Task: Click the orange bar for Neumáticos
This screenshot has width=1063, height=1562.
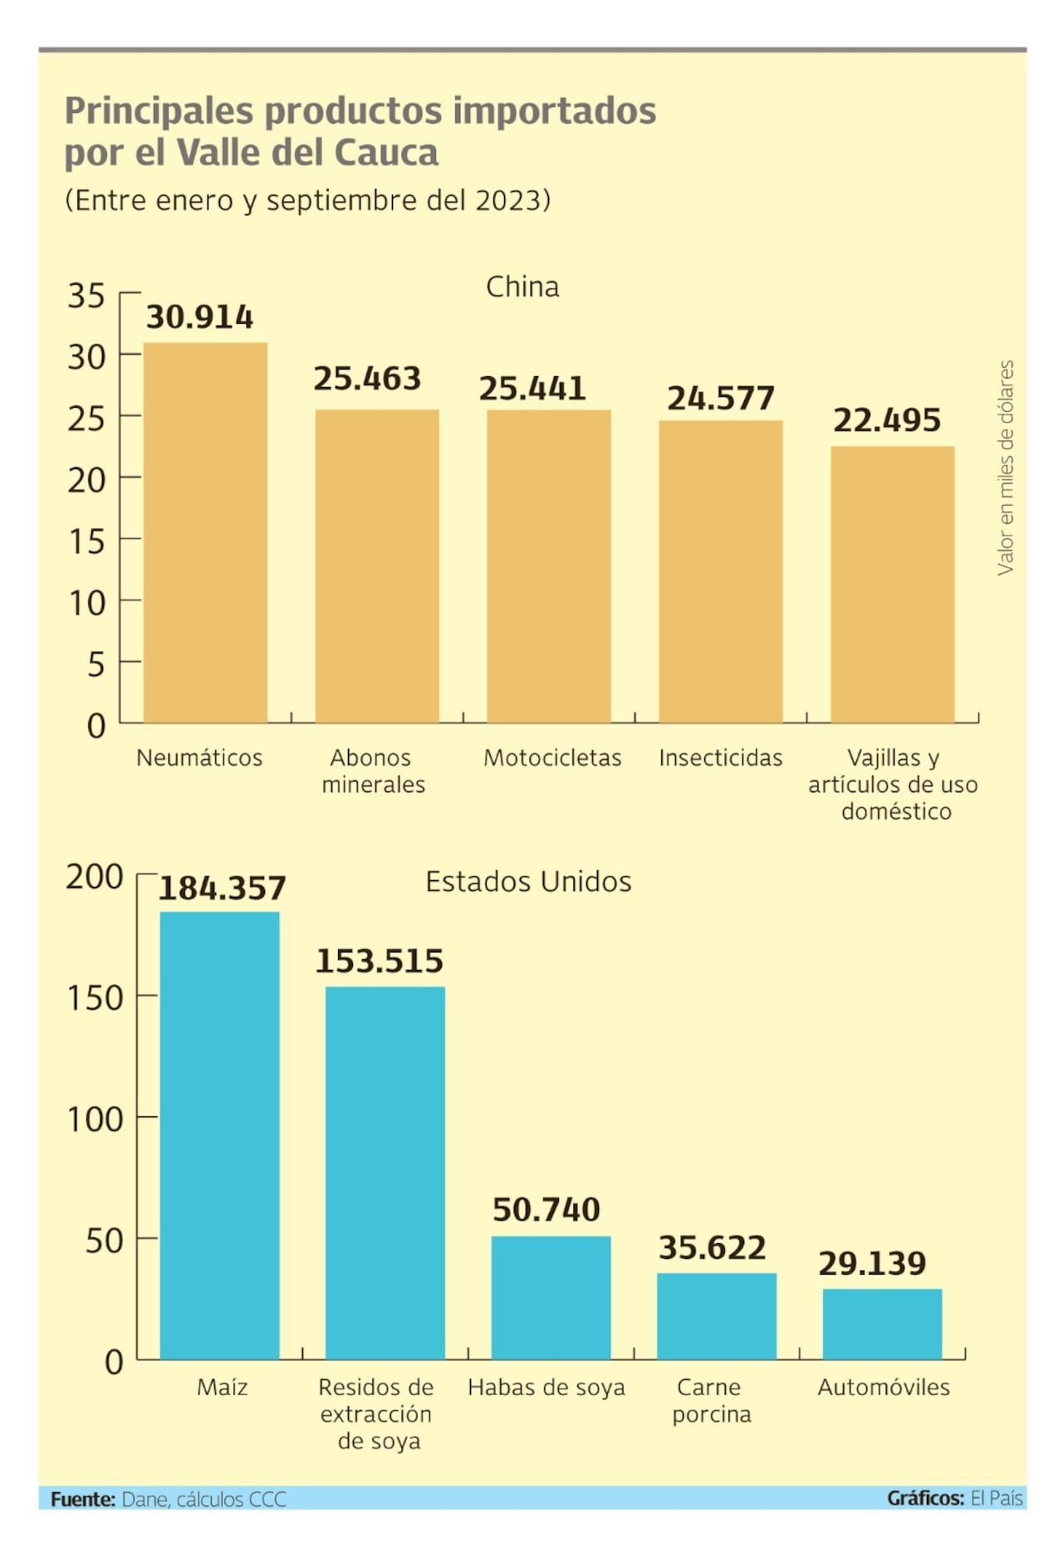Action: click(x=205, y=531)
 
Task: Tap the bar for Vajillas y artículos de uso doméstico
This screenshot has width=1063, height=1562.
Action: click(x=892, y=584)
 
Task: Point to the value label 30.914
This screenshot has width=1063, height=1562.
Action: click(x=199, y=317)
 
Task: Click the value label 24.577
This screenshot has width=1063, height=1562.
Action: click(x=720, y=399)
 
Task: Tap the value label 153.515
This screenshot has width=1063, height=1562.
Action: click(x=380, y=961)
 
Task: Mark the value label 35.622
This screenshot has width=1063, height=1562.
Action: click(x=712, y=1247)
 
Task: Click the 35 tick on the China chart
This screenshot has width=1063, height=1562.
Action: click(x=86, y=296)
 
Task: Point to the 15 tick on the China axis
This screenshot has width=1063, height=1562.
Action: click(x=86, y=541)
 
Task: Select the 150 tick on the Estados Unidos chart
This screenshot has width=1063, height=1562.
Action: click(x=95, y=997)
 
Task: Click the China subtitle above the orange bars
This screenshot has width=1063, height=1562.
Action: click(x=522, y=287)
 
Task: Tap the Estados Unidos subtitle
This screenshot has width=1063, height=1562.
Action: click(x=528, y=881)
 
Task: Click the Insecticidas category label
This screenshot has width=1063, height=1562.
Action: click(x=720, y=757)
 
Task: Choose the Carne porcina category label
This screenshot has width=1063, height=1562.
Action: click(x=711, y=1400)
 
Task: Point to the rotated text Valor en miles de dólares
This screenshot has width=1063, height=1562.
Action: click(x=1005, y=467)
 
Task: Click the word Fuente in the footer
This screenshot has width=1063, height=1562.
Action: click(x=82, y=1499)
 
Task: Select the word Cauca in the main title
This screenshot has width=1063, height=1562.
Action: click(x=386, y=153)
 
